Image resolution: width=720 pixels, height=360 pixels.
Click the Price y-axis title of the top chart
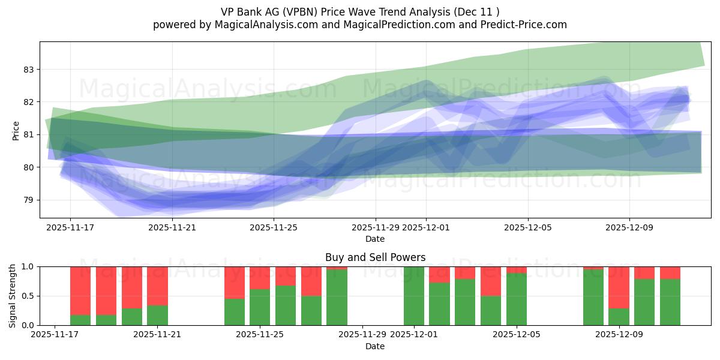tap(16, 130)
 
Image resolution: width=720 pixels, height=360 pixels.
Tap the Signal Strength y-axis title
tap(13, 295)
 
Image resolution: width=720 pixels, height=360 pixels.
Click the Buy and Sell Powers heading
tap(375, 257)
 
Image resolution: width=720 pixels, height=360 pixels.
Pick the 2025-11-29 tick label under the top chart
tap(375, 227)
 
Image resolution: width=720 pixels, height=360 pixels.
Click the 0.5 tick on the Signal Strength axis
tap(27, 296)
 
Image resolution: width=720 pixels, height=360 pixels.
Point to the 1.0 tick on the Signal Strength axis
tap(27, 266)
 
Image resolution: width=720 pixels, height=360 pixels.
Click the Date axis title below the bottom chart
tap(375, 346)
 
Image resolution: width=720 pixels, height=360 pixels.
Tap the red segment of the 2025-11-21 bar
tap(157, 286)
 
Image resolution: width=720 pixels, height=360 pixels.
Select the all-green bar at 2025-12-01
tap(414, 296)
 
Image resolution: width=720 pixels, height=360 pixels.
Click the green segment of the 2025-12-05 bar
tap(517, 299)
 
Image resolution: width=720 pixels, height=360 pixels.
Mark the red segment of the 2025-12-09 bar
tap(619, 287)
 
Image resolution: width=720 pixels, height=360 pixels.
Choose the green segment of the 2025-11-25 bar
tap(260, 307)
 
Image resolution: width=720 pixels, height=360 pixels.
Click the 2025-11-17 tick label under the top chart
tap(70, 227)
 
